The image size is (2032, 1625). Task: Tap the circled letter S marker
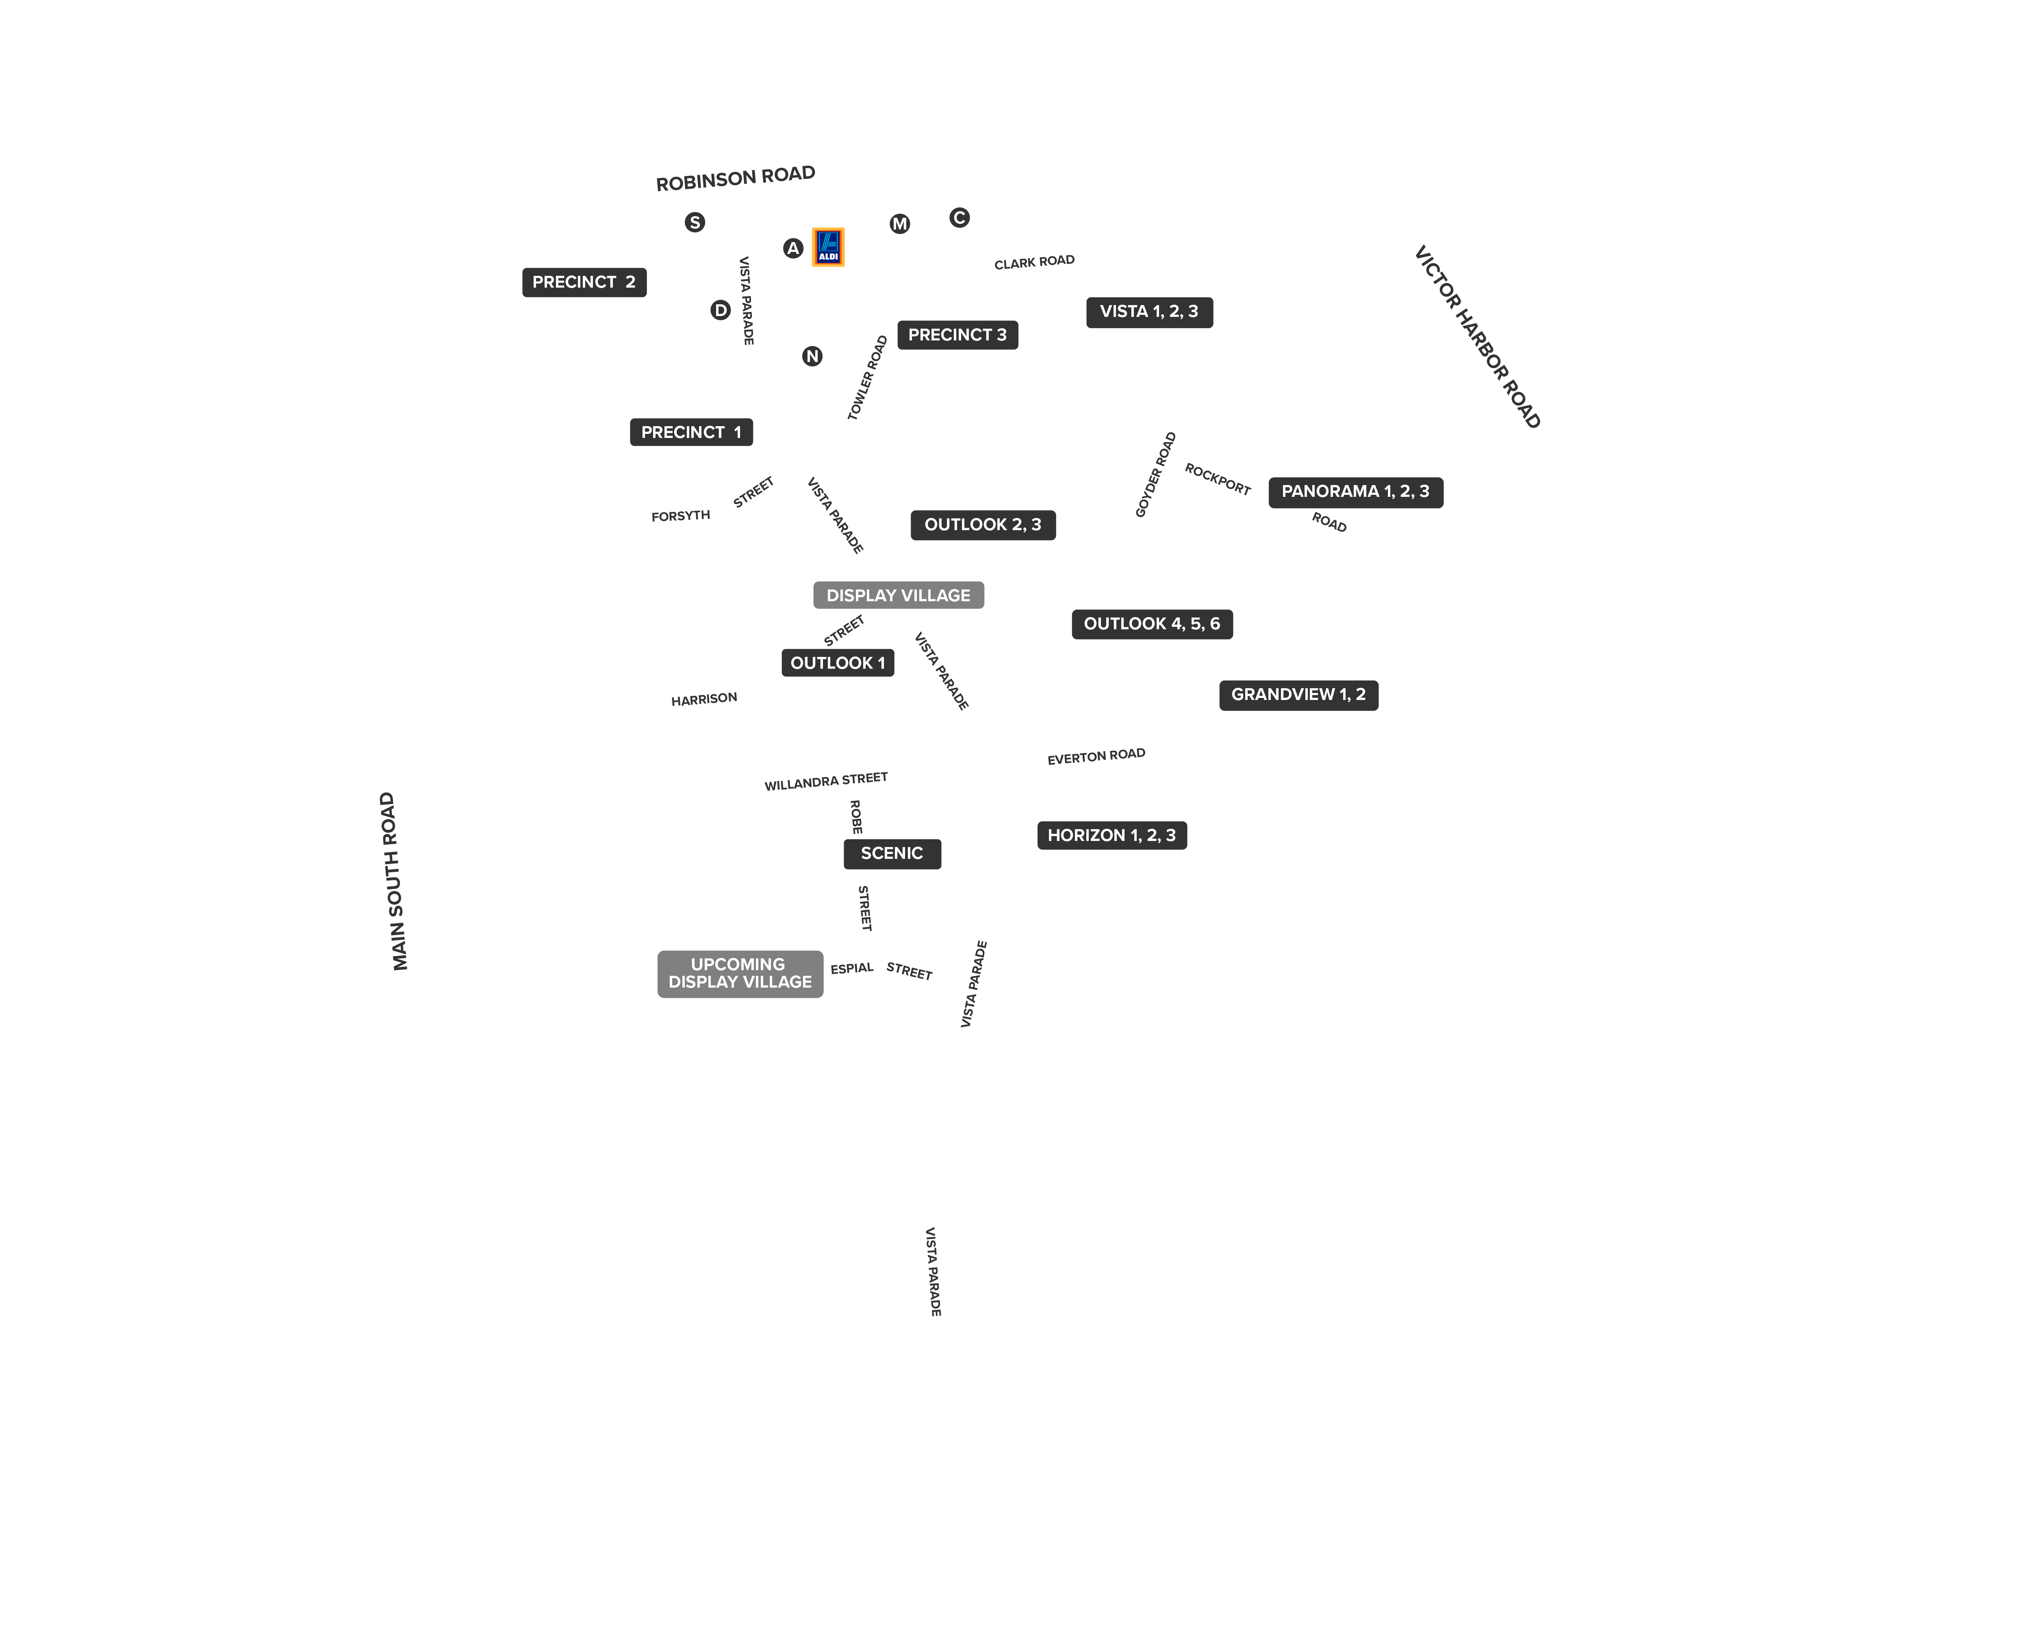point(695,222)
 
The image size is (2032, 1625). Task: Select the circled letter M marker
point(900,223)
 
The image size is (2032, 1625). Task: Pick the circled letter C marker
point(960,218)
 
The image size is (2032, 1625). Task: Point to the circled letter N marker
point(812,356)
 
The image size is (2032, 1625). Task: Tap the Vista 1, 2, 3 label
point(1150,312)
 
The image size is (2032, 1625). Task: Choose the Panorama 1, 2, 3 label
point(1355,492)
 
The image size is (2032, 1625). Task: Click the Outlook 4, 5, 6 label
point(1152,624)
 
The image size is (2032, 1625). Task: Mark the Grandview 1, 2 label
point(1299,695)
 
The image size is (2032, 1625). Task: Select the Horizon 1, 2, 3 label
point(1112,836)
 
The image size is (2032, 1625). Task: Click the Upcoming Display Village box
point(740,974)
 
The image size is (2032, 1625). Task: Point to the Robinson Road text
point(735,178)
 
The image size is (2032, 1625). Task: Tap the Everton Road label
point(1096,756)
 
